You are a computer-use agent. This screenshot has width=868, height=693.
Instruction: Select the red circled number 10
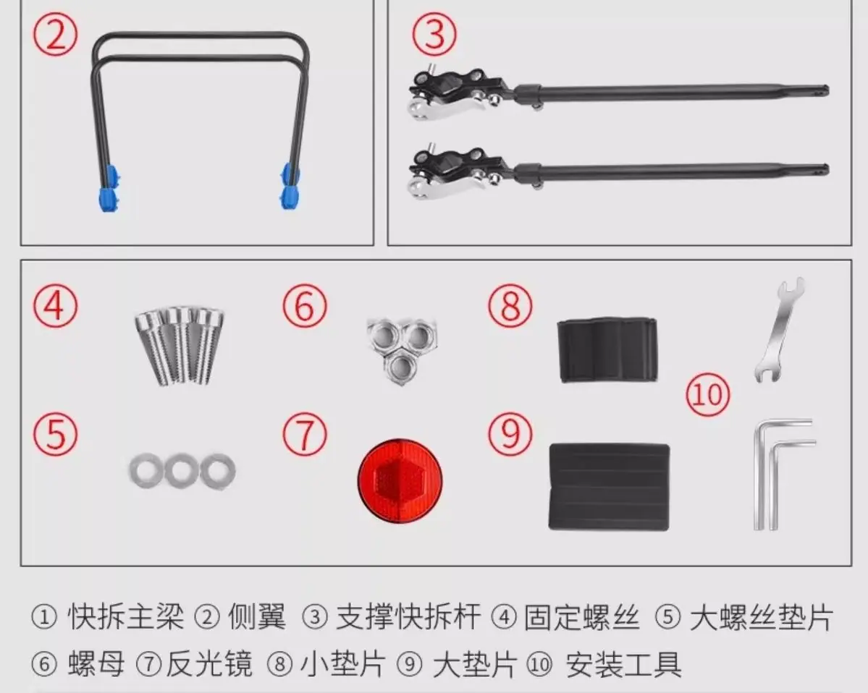point(708,395)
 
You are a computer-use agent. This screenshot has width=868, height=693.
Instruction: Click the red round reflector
point(400,481)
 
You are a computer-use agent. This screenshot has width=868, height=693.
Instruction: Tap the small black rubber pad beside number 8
point(607,349)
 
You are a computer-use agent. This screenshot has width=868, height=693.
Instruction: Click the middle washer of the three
point(182,471)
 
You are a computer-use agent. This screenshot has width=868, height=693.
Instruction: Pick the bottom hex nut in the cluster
point(402,366)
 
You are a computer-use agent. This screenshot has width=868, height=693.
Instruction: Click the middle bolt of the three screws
point(179,344)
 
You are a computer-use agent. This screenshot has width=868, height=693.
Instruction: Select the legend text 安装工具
point(623,664)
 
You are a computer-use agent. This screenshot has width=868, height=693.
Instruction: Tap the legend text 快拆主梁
point(126,616)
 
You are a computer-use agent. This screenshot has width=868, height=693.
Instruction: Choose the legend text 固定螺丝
point(582,616)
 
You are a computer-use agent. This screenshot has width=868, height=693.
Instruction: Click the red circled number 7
point(305,434)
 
